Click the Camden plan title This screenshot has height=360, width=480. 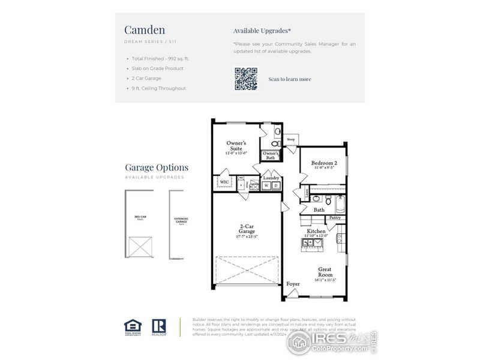tap(145, 30)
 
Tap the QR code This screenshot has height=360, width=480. tap(246, 79)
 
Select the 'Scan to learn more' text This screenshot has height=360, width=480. tap(290, 79)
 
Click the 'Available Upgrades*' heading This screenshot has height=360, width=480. tap(262, 30)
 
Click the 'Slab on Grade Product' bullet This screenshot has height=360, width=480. tap(158, 68)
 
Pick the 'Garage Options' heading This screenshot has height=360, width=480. tap(157, 167)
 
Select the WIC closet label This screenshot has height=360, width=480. tap(224, 181)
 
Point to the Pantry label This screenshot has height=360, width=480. tap(335, 218)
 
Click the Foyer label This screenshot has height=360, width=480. tap(293, 284)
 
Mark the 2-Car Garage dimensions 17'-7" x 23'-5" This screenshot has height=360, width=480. tap(246, 236)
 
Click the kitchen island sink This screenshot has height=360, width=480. tap(313, 242)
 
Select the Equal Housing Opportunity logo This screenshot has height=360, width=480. tap(133, 326)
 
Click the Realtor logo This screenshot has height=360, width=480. tap(159, 326)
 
